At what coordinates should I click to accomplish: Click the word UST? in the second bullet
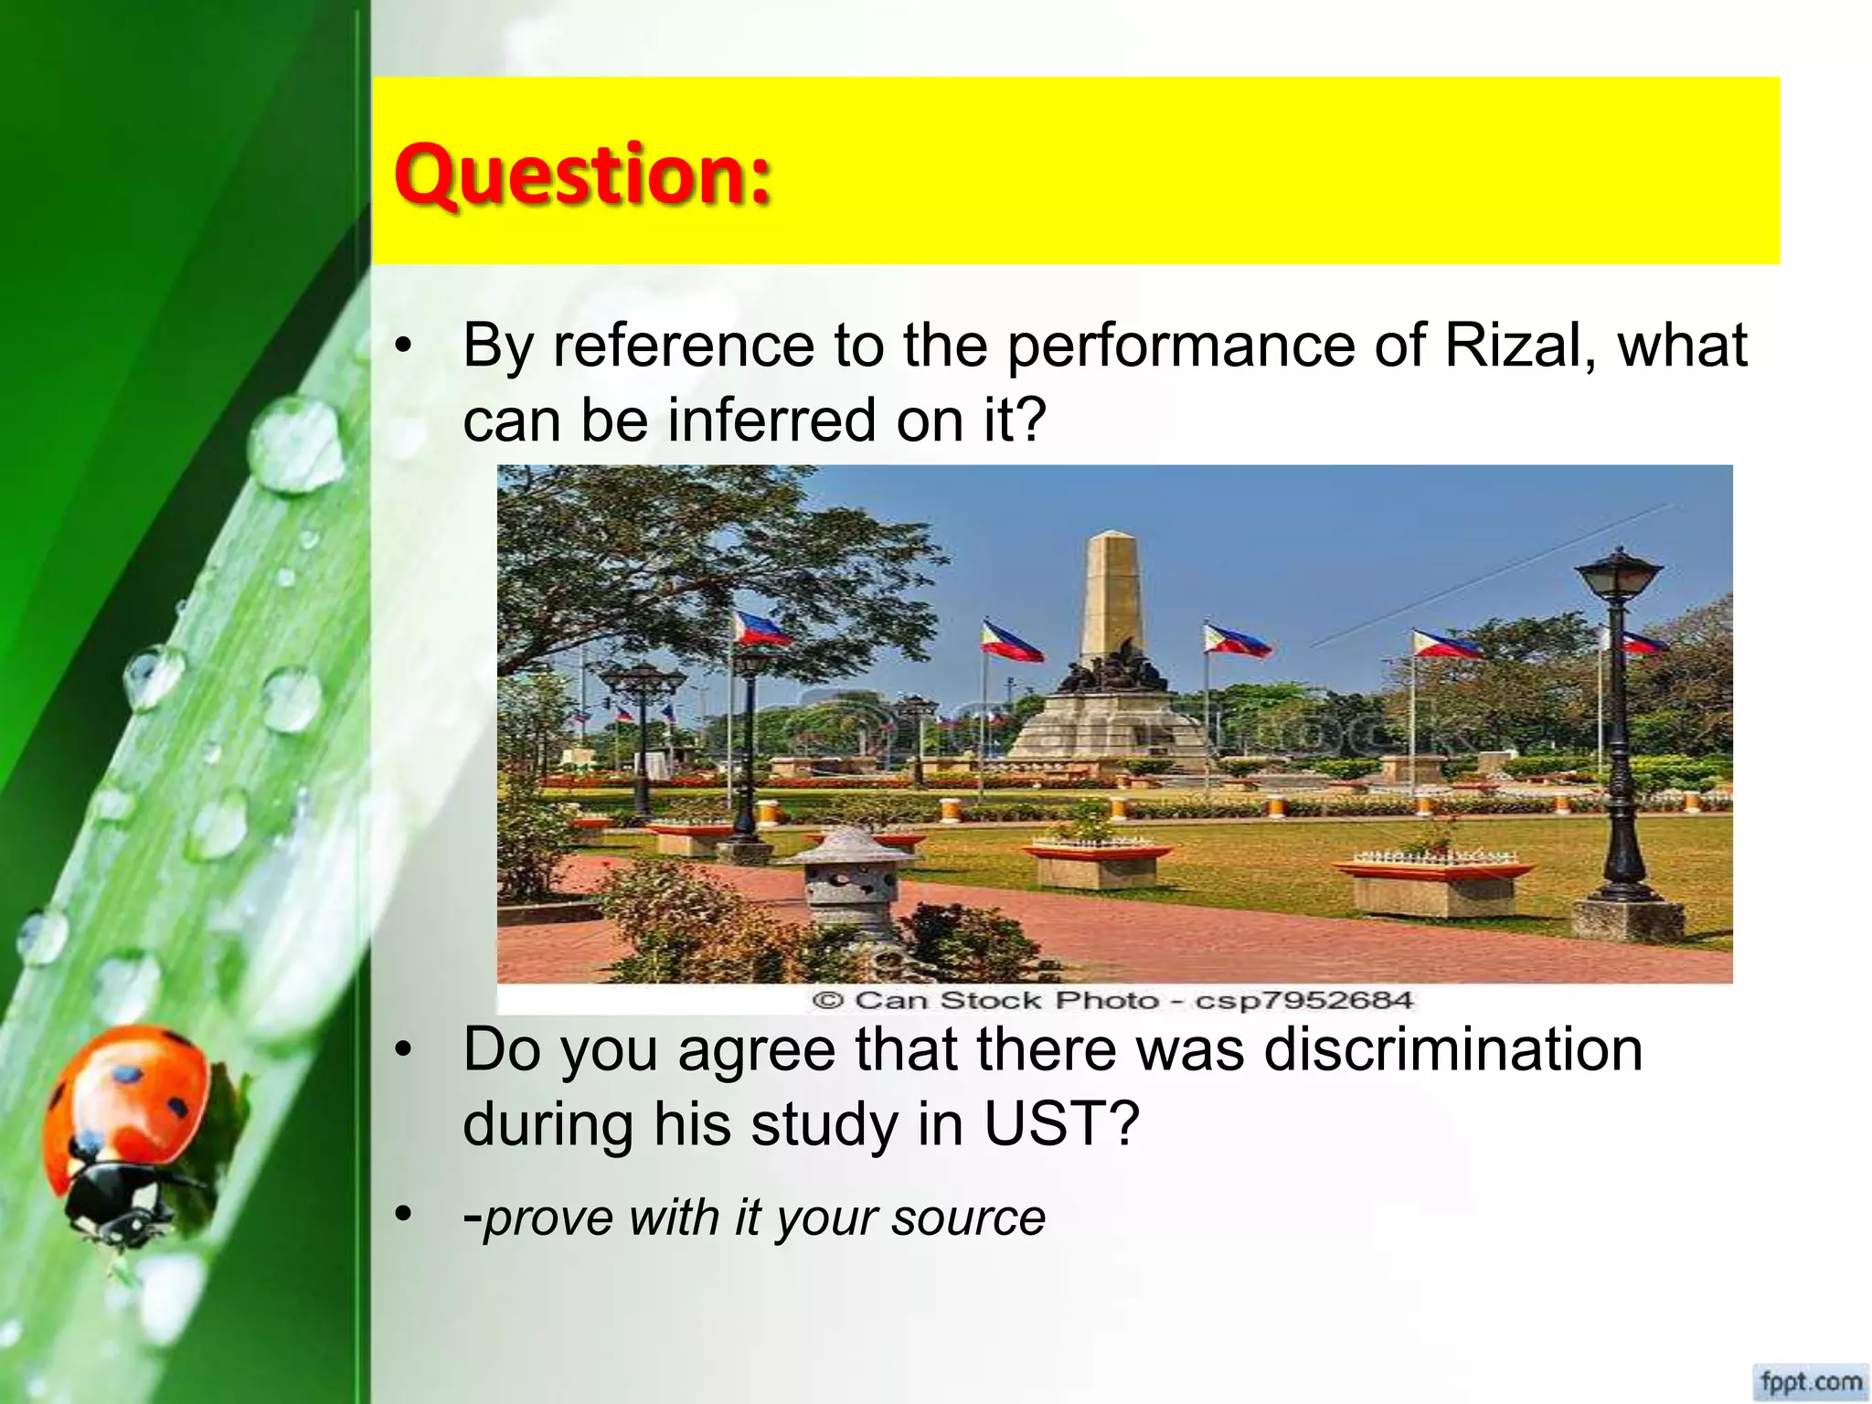click(x=1061, y=1123)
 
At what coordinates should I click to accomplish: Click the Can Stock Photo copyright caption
click(x=1112, y=1000)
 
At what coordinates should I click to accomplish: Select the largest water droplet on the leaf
click(x=297, y=445)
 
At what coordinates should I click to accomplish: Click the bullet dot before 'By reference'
click(x=403, y=347)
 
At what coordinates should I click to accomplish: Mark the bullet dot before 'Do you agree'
click(x=403, y=1050)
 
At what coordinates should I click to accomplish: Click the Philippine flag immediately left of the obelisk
click(x=1009, y=643)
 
